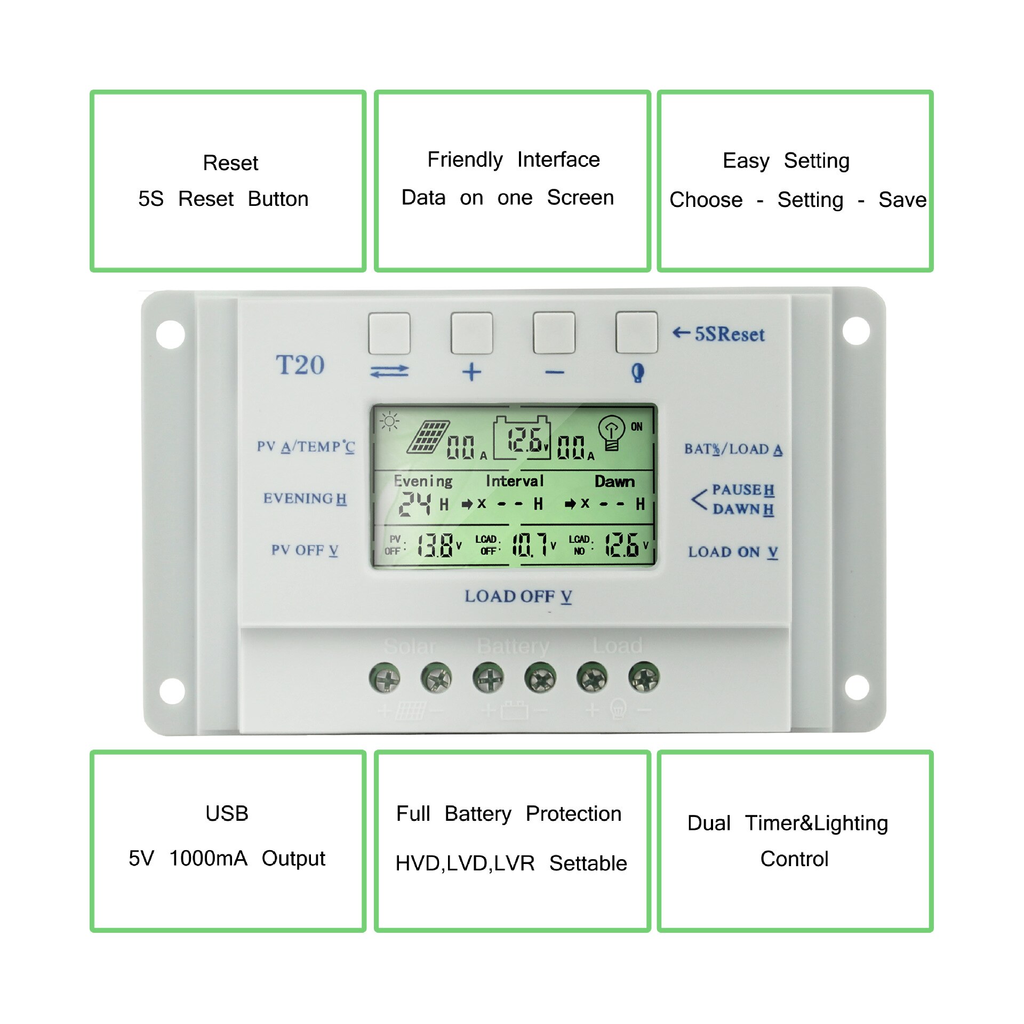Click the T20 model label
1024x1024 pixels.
pyautogui.click(x=300, y=365)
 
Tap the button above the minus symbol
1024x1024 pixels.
pyautogui.click(x=554, y=333)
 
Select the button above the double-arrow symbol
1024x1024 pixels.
pyautogui.click(x=389, y=333)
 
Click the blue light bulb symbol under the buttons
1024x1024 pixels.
pyautogui.click(x=637, y=372)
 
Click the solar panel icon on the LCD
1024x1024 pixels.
pyautogui.click(x=428, y=437)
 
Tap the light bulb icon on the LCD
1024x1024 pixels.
pyautogui.click(x=611, y=433)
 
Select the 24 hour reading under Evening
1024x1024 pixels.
pyautogui.click(x=415, y=503)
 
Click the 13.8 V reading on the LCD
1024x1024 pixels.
pyautogui.click(x=436, y=545)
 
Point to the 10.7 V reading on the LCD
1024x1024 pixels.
pyautogui.click(x=530, y=545)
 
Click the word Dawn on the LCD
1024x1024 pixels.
pyautogui.click(x=614, y=482)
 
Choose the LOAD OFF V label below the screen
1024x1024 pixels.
pyautogui.click(x=518, y=596)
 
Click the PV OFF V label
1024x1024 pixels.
pyautogui.click(x=305, y=550)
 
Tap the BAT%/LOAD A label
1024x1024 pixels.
pyautogui.click(x=733, y=449)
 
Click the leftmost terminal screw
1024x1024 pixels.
pyautogui.click(x=385, y=678)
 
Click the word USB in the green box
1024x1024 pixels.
pyautogui.click(x=227, y=813)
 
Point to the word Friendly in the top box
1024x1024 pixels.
pyautogui.click(x=465, y=159)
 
